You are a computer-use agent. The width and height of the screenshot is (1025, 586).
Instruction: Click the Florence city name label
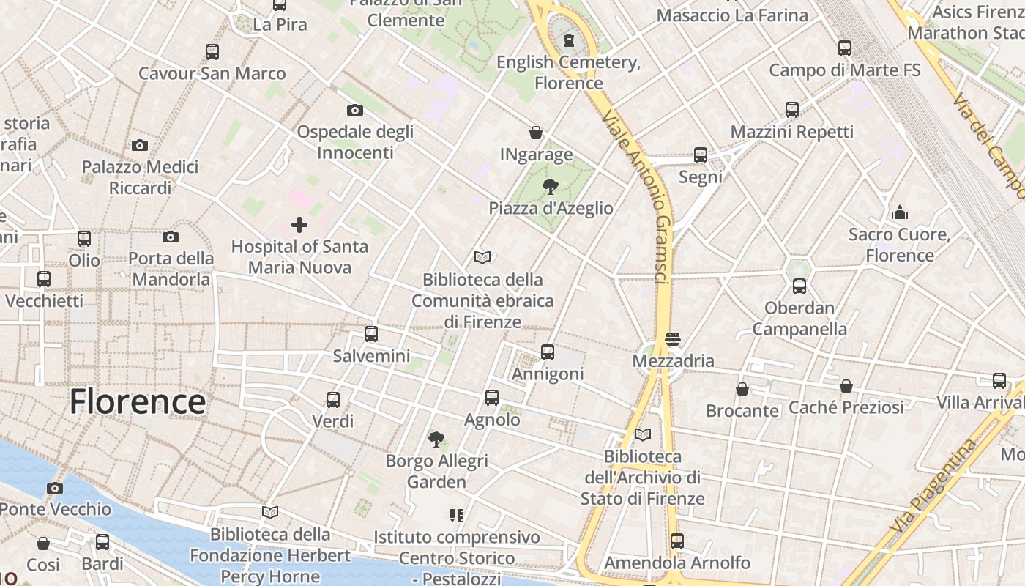pyautogui.click(x=138, y=402)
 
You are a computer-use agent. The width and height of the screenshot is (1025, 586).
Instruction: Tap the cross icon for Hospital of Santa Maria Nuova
pyautogui.click(x=299, y=225)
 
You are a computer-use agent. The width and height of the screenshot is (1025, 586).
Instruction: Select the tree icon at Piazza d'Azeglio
pyautogui.click(x=551, y=188)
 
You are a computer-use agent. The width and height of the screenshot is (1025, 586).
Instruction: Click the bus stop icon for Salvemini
pyautogui.click(x=371, y=334)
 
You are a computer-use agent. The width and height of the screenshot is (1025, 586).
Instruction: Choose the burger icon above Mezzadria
pyautogui.click(x=673, y=339)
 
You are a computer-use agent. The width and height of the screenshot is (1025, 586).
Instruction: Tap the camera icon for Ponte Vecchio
pyautogui.click(x=54, y=488)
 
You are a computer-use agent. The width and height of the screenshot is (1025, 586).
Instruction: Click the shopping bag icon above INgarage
pyautogui.click(x=536, y=133)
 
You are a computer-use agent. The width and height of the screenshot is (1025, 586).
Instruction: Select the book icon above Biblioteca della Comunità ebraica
pyautogui.click(x=482, y=257)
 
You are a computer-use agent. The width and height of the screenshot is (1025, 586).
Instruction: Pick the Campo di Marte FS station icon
pyautogui.click(x=845, y=48)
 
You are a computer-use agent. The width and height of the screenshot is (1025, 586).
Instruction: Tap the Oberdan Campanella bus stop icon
pyautogui.click(x=799, y=286)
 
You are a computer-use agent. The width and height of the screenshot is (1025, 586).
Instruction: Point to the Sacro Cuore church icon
pyautogui.click(x=900, y=213)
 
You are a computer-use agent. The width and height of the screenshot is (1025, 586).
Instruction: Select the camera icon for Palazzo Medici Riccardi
pyautogui.click(x=140, y=145)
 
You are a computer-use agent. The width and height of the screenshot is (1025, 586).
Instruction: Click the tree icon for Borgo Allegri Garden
pyautogui.click(x=436, y=439)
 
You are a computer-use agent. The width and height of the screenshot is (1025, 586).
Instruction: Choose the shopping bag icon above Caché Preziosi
pyautogui.click(x=846, y=385)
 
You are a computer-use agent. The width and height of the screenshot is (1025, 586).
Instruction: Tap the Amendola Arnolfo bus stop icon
pyautogui.click(x=677, y=541)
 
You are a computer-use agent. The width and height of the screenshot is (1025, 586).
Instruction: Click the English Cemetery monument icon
pyautogui.click(x=569, y=40)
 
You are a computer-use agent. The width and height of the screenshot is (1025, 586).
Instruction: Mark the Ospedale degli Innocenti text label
pyautogui.click(x=355, y=142)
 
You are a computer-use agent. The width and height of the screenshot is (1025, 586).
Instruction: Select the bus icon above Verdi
pyautogui.click(x=333, y=400)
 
